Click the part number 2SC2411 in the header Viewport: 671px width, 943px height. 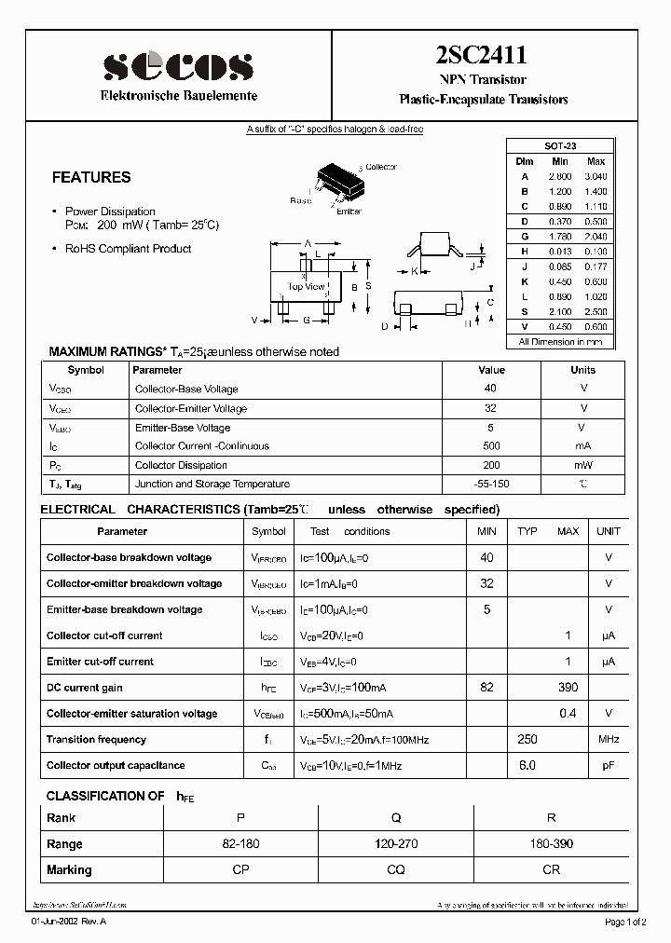click(483, 58)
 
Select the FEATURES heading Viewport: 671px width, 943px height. click(91, 177)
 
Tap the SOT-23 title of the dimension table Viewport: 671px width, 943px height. click(560, 147)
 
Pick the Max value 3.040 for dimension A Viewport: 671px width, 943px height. click(596, 176)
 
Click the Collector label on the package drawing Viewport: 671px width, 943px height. click(380, 167)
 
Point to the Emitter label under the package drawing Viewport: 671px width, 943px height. click(349, 212)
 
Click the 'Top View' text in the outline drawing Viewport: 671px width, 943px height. click(307, 286)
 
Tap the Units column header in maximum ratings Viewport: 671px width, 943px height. click(582, 370)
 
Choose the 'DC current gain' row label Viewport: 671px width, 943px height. click(85, 688)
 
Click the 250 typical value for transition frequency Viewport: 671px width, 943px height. click(528, 740)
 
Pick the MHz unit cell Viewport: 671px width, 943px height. click(609, 740)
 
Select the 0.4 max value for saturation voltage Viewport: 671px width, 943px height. click(567, 714)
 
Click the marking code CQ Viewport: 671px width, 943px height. click(396, 870)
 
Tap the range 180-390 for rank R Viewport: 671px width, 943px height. click(552, 844)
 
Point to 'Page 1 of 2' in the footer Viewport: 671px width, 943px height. click(629, 922)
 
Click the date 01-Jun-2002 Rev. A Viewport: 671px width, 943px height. click(69, 922)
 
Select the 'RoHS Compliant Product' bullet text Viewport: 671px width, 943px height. click(128, 249)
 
